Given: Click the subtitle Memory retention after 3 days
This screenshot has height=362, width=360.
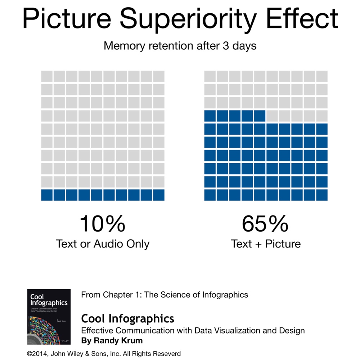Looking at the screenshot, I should point(180,46).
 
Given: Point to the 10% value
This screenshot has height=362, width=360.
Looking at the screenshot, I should point(103,224).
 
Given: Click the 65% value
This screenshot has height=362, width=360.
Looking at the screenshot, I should point(265,224).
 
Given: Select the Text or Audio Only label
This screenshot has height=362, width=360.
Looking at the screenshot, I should point(103,244).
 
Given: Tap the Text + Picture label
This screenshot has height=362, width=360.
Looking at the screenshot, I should point(266,244).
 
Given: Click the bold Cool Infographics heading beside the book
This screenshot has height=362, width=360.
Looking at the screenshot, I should point(128,318).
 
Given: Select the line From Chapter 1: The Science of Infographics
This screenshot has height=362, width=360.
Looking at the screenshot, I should point(165,295).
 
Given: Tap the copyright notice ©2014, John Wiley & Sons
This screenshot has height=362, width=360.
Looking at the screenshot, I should point(104,354).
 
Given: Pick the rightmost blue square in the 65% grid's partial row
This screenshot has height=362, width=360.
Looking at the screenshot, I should point(259,116).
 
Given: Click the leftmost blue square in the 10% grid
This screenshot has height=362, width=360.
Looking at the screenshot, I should point(47,195).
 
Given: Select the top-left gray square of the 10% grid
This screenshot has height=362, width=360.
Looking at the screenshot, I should point(47,76).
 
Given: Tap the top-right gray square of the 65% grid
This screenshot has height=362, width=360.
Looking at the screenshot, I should point(321,76).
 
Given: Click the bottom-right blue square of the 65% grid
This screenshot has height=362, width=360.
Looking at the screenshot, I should point(321,195).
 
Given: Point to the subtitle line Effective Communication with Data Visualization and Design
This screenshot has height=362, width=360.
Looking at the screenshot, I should point(193,330).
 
